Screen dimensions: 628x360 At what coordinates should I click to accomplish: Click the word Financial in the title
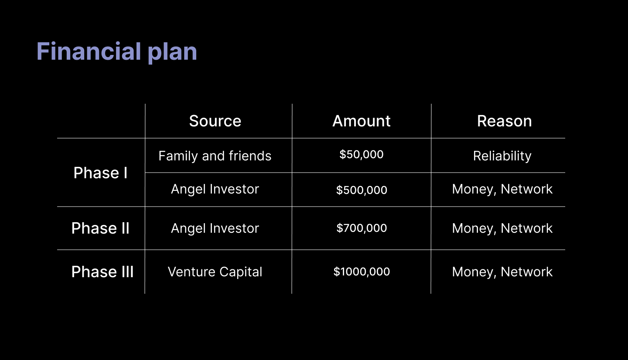click(89, 51)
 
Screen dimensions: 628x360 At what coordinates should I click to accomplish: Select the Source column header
click(215, 121)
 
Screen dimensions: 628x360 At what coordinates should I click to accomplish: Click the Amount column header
click(362, 121)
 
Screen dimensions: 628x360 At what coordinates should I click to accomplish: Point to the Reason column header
click(504, 121)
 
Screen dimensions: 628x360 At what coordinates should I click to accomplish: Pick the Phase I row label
click(100, 173)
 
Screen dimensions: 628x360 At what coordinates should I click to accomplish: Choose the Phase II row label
click(100, 228)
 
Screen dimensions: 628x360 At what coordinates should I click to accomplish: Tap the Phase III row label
click(102, 272)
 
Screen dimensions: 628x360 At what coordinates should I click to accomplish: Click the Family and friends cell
click(215, 156)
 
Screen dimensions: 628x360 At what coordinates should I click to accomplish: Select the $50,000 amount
click(362, 154)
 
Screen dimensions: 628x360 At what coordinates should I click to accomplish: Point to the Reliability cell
click(502, 156)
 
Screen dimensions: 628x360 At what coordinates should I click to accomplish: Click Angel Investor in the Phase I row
click(215, 190)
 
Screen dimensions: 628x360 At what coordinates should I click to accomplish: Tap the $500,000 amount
click(362, 190)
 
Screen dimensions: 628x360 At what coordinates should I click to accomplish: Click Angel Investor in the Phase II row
click(215, 229)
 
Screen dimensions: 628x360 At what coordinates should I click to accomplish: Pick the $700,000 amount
click(362, 228)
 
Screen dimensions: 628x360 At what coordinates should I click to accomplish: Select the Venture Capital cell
click(215, 272)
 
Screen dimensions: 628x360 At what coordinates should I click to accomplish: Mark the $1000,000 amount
click(362, 272)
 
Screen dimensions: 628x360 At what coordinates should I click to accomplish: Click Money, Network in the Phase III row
click(502, 272)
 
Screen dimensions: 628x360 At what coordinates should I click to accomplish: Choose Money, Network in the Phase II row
click(502, 229)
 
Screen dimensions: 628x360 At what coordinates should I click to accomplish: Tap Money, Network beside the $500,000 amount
click(502, 190)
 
